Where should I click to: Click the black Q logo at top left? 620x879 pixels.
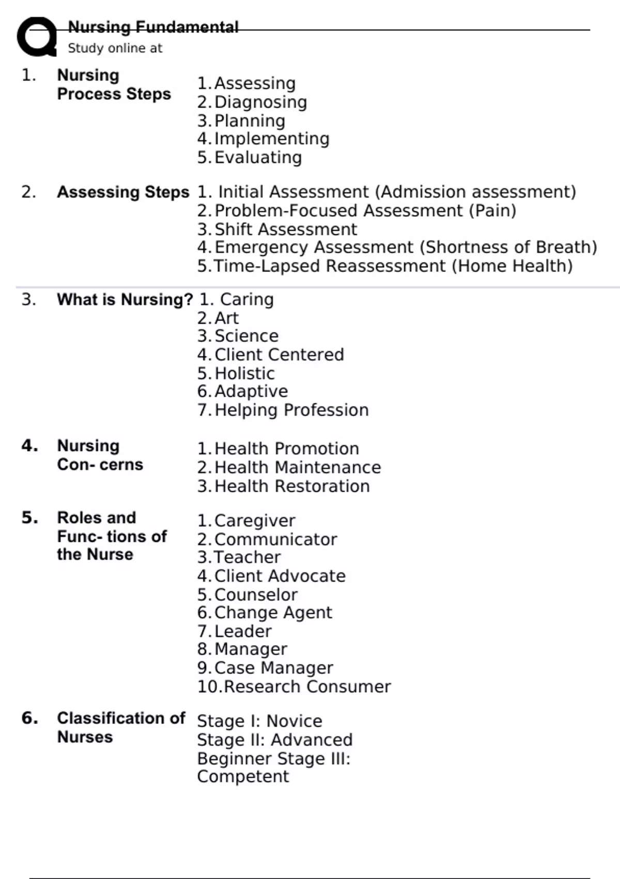(37, 36)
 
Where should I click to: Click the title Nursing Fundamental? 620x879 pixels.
(153, 27)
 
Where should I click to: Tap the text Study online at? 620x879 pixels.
(115, 48)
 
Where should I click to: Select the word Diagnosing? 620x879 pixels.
(260, 102)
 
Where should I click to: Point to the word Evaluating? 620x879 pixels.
(258, 157)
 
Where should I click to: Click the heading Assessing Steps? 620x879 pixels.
(123, 192)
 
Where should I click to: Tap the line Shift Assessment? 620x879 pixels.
(285, 229)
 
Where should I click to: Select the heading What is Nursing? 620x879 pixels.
(125, 299)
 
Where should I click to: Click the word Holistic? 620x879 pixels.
(244, 373)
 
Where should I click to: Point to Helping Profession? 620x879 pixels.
(291, 410)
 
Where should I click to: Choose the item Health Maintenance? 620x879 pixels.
(298, 467)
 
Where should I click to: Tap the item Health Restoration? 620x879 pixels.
(292, 486)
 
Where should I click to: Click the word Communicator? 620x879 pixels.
(275, 539)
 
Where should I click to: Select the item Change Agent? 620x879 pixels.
(273, 612)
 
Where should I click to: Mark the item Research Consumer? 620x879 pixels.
(307, 687)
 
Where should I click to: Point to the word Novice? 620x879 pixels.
(294, 721)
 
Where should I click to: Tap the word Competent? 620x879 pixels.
(243, 777)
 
